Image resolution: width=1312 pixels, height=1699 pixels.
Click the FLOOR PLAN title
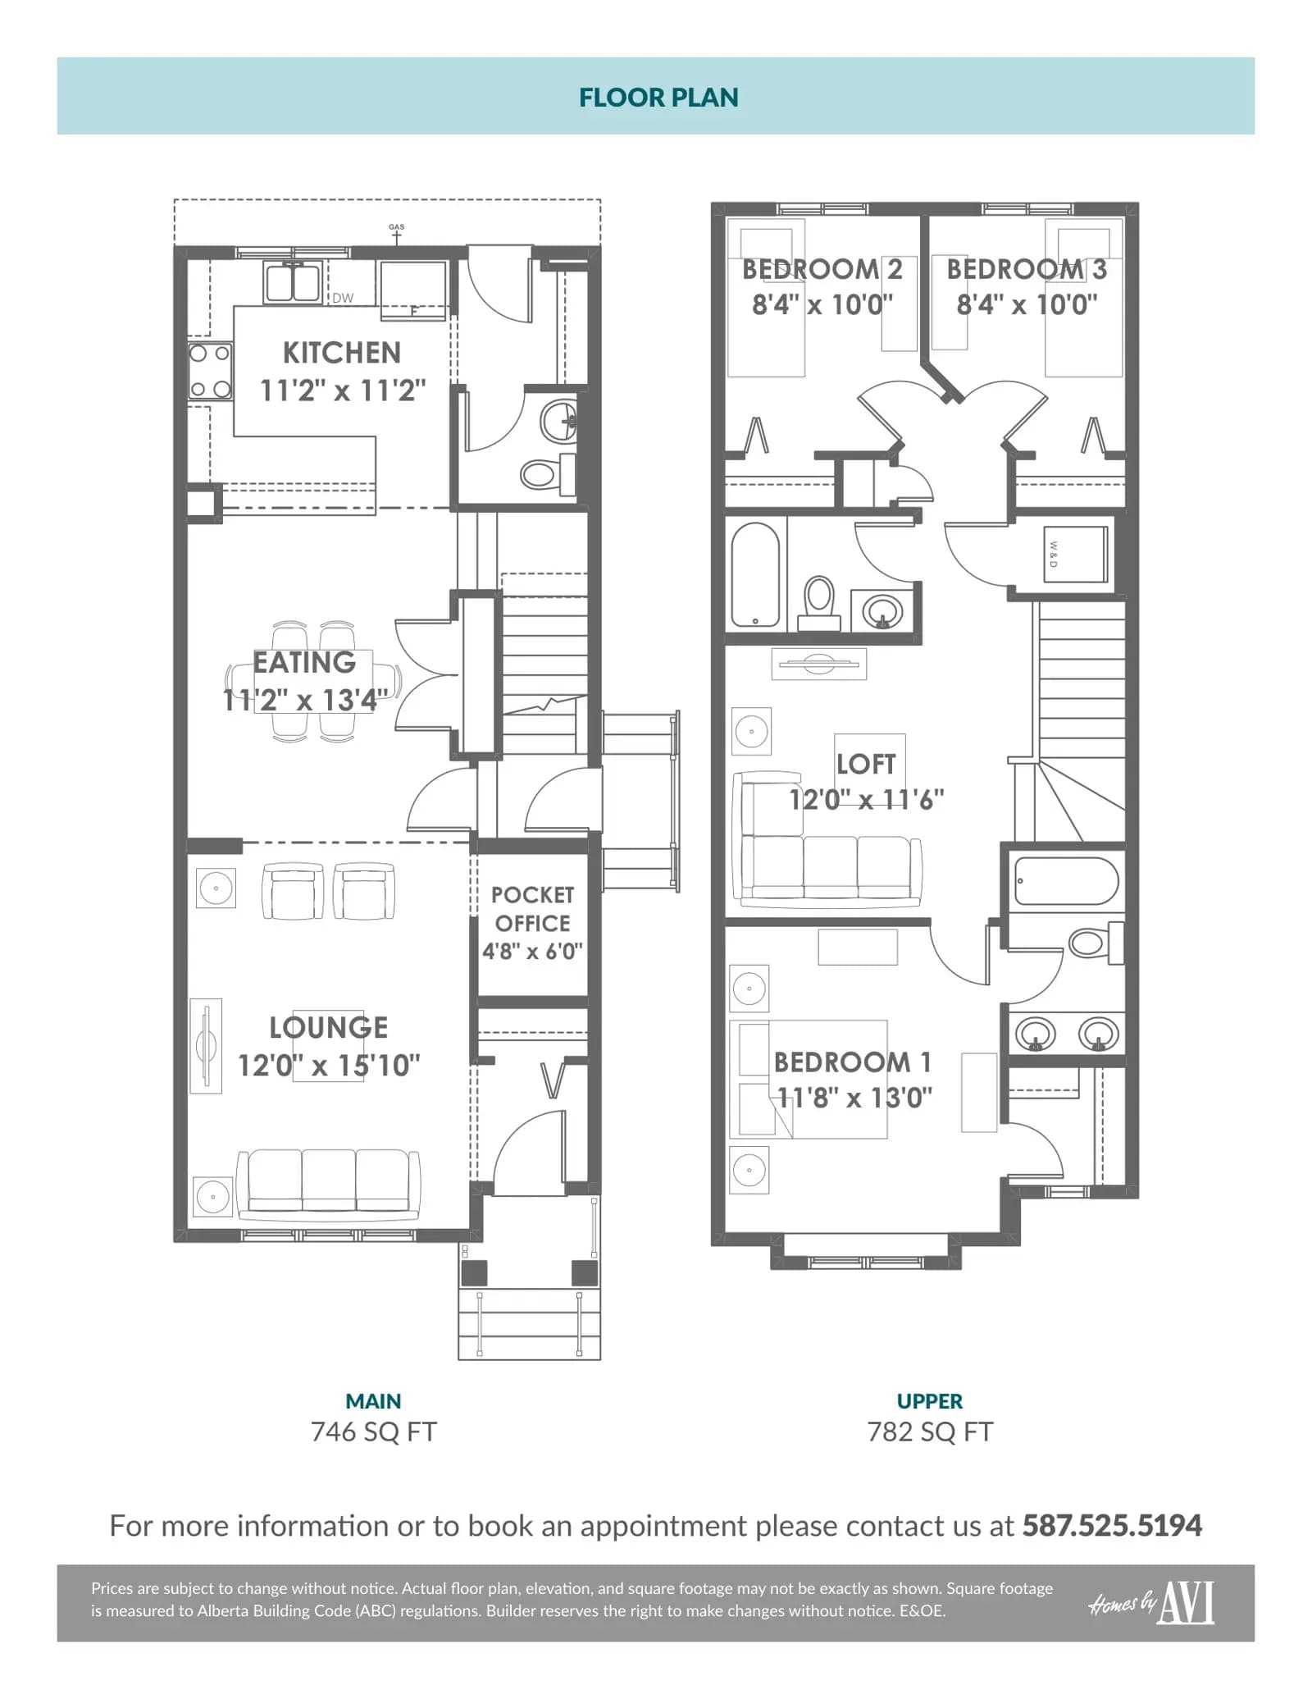[658, 98]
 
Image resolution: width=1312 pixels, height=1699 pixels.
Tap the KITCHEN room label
[342, 353]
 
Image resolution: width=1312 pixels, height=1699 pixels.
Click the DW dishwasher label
[343, 298]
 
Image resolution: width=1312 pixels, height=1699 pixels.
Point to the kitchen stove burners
[210, 372]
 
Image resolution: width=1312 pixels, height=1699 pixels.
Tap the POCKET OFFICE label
[532, 909]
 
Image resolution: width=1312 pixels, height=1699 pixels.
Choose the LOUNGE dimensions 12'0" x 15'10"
[329, 1066]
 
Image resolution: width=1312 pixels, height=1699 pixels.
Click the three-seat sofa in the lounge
[328, 1184]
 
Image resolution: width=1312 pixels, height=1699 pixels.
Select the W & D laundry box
[1075, 555]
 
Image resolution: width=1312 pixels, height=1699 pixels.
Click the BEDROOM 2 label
[822, 269]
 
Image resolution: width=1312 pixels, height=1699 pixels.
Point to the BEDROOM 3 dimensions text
[1027, 305]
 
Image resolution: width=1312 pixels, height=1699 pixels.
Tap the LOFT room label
[866, 765]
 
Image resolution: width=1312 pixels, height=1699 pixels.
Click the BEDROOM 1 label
[853, 1062]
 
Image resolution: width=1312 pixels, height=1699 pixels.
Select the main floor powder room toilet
[547, 473]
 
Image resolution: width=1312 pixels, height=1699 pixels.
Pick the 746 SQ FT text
[374, 1432]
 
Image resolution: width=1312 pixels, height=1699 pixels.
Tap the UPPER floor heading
[930, 1401]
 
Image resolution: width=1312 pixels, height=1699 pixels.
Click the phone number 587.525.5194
[1112, 1526]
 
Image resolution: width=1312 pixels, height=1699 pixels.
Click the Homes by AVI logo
[1151, 1603]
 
